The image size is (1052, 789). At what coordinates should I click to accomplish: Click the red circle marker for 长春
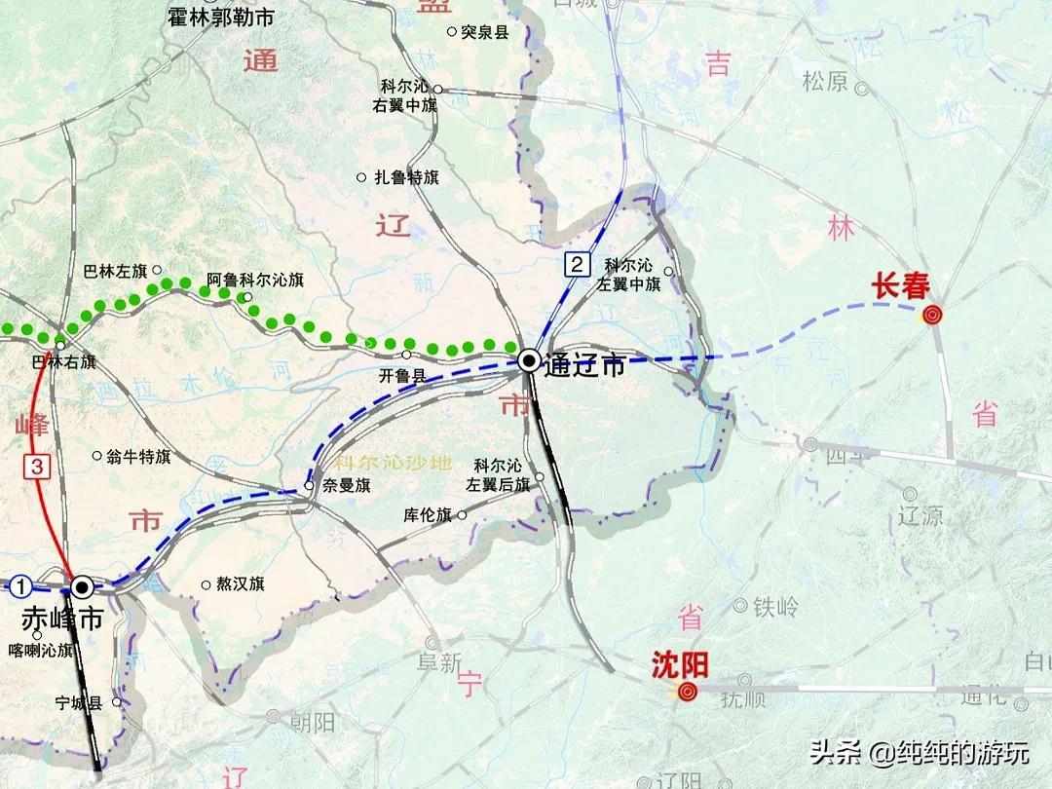[932, 314]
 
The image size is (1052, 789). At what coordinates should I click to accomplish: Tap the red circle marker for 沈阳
[688, 692]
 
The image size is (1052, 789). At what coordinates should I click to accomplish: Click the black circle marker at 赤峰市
[82, 586]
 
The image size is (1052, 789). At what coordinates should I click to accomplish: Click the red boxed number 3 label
[37, 466]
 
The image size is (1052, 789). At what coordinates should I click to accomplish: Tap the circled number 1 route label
[22, 585]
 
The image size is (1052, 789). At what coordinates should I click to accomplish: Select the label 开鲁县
[402, 375]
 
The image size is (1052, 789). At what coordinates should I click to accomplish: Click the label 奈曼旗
[347, 485]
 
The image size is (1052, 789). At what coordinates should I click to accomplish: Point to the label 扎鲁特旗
[407, 178]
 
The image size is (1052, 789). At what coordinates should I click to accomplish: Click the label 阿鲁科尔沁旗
[255, 280]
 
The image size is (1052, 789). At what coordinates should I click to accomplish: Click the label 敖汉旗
[240, 584]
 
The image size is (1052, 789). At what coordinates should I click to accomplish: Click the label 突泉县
[484, 32]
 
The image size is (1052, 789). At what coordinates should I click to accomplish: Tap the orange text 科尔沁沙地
[392, 463]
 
